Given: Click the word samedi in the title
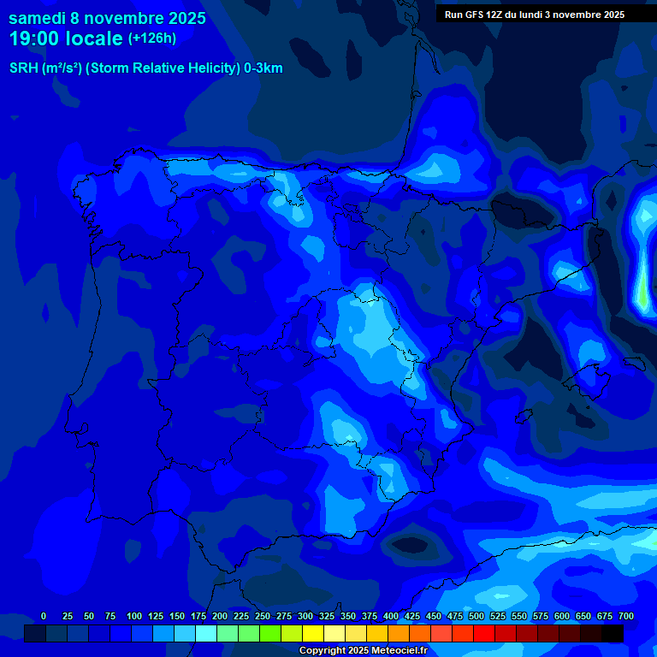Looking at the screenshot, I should pyautogui.click(x=40, y=18).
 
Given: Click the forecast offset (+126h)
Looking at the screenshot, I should pyautogui.click(x=151, y=38).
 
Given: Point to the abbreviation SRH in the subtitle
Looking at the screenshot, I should pyautogui.click(x=23, y=68).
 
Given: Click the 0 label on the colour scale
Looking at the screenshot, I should pyautogui.click(x=44, y=616).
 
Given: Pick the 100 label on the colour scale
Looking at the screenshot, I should pyautogui.click(x=133, y=616).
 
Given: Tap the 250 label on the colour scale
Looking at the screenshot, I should pyautogui.click(x=263, y=616).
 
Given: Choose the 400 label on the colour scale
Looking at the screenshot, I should pyautogui.click(x=391, y=616).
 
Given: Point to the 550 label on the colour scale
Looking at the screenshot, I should pyautogui.click(x=519, y=616).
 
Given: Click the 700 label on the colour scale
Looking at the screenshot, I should pyautogui.click(x=626, y=616).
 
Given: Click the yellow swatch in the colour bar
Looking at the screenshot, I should pyautogui.click(x=313, y=634).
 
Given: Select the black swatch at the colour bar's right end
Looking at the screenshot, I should pyautogui.click(x=613, y=634).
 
